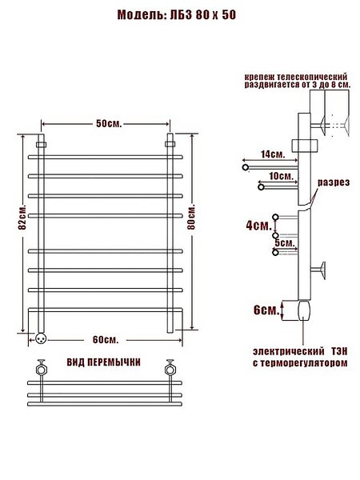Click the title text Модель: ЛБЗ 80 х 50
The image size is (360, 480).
click(x=177, y=14)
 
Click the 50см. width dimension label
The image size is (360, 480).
click(x=109, y=124)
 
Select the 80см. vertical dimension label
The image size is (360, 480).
click(x=191, y=217)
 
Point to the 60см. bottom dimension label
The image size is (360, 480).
click(x=106, y=340)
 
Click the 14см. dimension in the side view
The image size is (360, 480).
click(x=273, y=154)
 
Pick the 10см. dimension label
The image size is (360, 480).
click(x=282, y=176)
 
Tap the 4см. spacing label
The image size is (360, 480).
click(x=259, y=226)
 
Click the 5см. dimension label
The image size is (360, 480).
click(x=285, y=243)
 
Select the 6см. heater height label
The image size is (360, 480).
click(x=266, y=310)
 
